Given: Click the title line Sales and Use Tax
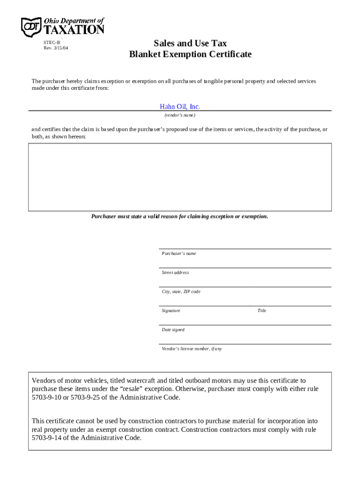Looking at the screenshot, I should point(190,44).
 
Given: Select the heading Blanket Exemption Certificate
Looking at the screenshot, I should point(190,54).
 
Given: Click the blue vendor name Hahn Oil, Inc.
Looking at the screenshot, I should point(180,107).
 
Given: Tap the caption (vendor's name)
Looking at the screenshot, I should point(180,115).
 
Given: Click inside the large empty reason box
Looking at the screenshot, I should point(180,177).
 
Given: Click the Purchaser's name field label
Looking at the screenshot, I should point(179,254).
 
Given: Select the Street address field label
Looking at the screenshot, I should point(175,273).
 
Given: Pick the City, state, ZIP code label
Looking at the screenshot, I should point(181,292).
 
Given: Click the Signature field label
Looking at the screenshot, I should point(171,311).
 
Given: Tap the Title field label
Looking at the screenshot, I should point(262,311).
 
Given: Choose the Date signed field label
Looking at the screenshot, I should point(173,330).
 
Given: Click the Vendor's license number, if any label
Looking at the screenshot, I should point(192,349).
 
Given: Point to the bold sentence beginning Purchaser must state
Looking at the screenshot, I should point(180,217).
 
